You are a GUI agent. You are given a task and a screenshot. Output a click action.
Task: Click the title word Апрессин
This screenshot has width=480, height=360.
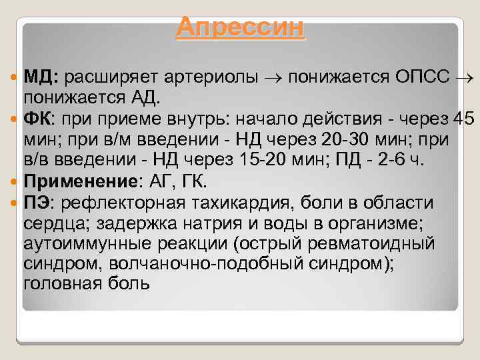click(x=241, y=27)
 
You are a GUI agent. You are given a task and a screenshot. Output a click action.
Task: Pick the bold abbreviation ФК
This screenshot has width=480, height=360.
click(x=41, y=119)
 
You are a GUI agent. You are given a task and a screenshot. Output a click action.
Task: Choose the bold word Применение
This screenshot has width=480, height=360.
click(x=71, y=182)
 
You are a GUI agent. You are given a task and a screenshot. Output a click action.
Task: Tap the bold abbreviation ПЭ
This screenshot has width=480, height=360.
click(x=41, y=203)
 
